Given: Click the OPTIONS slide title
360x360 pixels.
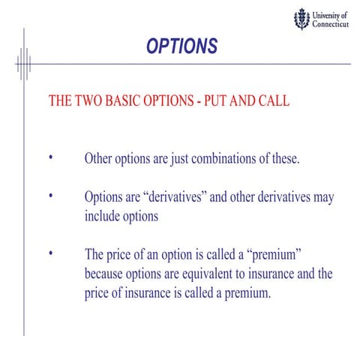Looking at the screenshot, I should (181, 46).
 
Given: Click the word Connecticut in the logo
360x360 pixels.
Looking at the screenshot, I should (330, 24).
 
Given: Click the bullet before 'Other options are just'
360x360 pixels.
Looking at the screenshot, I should (51, 157).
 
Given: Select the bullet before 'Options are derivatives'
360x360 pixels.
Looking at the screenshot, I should (51, 196).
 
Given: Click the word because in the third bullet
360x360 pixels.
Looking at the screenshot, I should (108, 274).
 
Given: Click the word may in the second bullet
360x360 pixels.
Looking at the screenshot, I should (324, 198).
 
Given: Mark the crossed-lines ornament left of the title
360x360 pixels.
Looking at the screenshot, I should (23, 64).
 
